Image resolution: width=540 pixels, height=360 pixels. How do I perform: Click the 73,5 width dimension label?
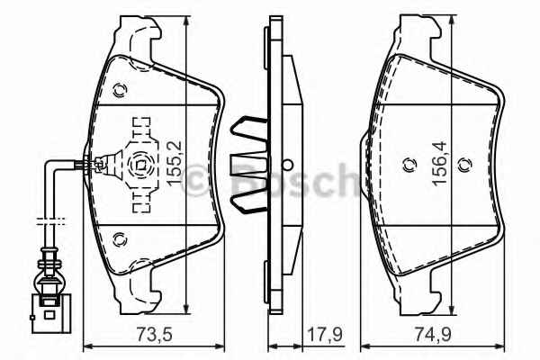point(154,335)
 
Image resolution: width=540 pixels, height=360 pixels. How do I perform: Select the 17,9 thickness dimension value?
point(324,335)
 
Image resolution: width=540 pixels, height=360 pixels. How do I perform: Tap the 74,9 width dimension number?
point(433,335)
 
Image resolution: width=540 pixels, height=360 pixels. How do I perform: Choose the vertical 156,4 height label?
point(439,164)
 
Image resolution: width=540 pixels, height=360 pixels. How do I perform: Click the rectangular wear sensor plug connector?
point(51,313)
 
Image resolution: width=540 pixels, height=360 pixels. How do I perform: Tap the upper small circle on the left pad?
point(120,91)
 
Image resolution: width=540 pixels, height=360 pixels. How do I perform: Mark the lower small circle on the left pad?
point(120,239)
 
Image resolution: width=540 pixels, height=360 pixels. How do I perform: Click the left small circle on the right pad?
point(409,166)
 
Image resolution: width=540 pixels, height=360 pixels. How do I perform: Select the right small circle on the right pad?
point(465,166)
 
